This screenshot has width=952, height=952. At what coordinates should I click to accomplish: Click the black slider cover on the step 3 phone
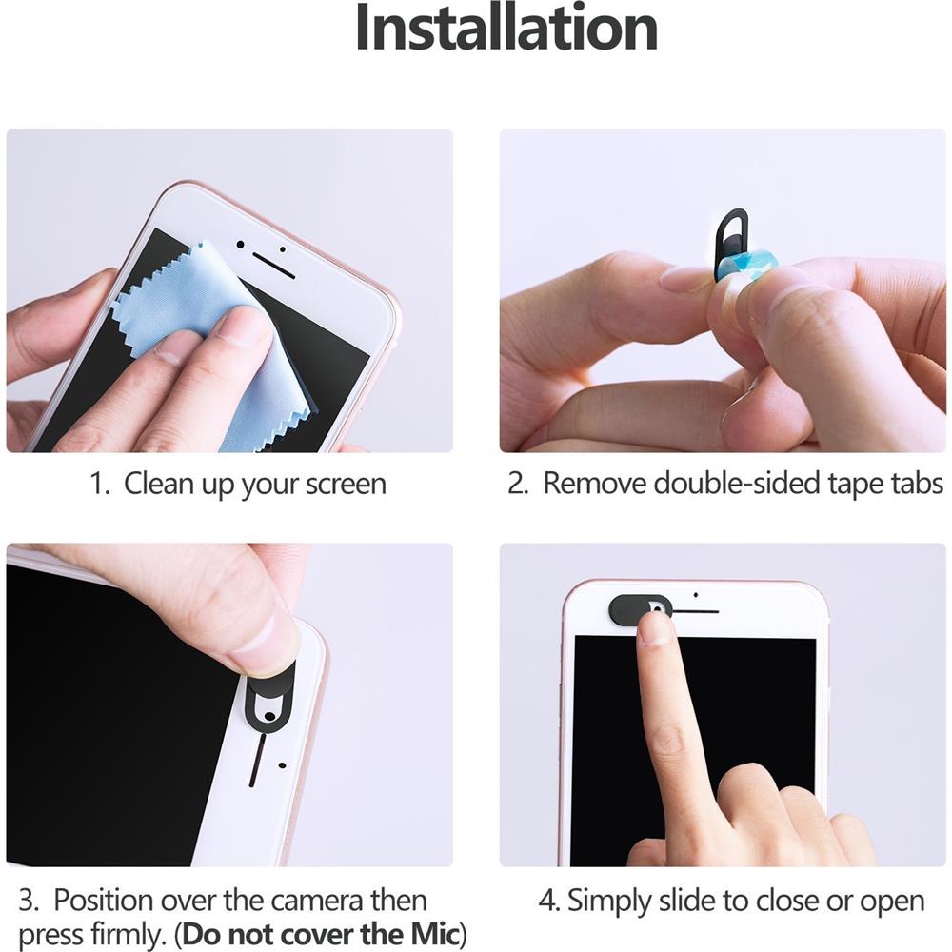pyautogui.click(x=269, y=700)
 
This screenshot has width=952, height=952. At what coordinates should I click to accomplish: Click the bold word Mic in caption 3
pyautogui.click(x=433, y=932)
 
